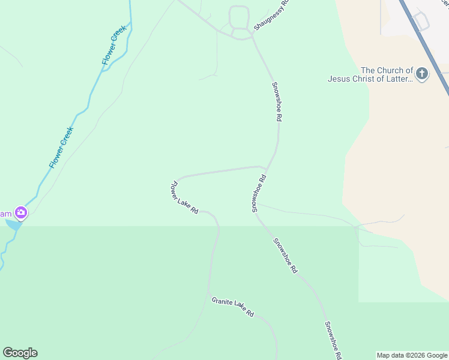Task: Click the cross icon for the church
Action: tap(422, 74)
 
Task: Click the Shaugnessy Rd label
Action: tap(271, 15)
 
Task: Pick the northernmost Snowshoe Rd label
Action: tap(276, 102)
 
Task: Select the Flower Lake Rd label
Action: tap(185, 197)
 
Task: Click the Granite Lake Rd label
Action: tap(233, 307)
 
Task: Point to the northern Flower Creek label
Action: tap(114, 45)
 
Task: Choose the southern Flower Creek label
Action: tap(61, 148)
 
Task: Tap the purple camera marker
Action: tap(21, 212)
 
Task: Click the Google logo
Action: tap(20, 353)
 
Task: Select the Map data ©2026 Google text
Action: tap(412, 355)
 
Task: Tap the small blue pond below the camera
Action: tap(13, 224)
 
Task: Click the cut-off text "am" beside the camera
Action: tap(5, 214)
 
